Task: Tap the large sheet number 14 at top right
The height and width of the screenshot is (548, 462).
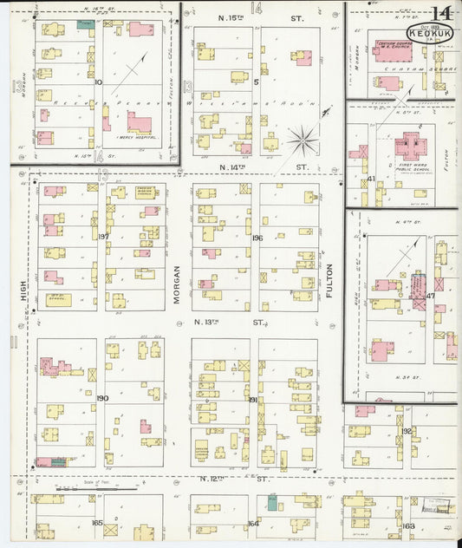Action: (441, 12)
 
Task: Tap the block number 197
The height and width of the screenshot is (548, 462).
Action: (103, 237)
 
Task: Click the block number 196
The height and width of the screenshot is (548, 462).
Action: (257, 238)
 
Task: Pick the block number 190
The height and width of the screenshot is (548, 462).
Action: (102, 398)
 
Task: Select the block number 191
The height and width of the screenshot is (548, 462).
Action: (253, 399)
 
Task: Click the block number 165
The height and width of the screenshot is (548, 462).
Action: (97, 522)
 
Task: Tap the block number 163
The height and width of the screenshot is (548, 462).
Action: (408, 525)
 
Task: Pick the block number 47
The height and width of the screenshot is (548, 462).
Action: (430, 296)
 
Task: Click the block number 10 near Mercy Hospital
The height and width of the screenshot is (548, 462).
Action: (98, 82)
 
